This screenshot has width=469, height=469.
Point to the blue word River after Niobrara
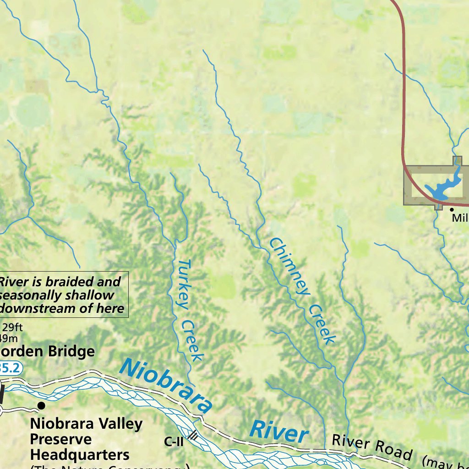click(x=278, y=431)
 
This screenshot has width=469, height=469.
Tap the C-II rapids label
click(x=174, y=442)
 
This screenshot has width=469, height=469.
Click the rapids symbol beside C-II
click(x=193, y=436)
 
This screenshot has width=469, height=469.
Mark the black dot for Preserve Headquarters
click(x=42, y=405)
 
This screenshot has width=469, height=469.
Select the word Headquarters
click(x=80, y=455)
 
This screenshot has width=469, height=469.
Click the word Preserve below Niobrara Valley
click(x=61, y=439)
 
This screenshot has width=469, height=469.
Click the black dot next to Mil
click(x=452, y=209)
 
